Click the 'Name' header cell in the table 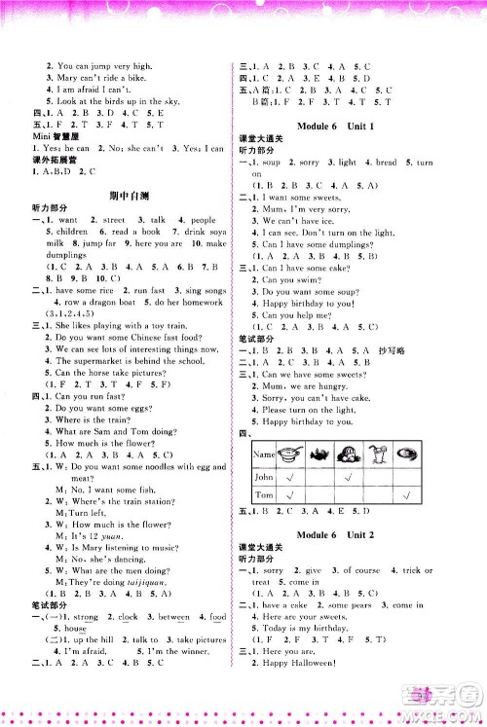266,454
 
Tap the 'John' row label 264,478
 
